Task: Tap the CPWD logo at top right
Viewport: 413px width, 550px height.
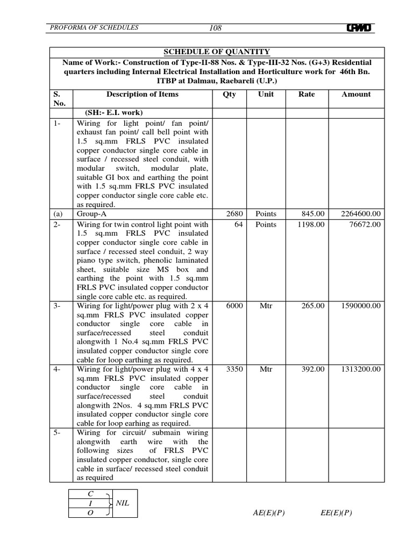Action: [x=360, y=28]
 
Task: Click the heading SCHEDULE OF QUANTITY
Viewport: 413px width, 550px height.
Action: [x=217, y=52]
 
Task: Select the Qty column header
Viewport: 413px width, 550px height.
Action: [x=229, y=94]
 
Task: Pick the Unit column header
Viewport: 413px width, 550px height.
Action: [x=266, y=94]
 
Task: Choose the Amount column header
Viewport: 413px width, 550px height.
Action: [x=356, y=94]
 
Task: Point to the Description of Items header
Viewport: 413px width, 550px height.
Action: [x=143, y=94]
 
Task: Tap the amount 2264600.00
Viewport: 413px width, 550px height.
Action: [x=360, y=213]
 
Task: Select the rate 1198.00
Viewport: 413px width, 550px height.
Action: [x=311, y=224]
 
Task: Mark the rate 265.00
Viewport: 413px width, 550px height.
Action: [x=313, y=305]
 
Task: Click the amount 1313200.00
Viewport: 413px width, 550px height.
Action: [x=360, y=369]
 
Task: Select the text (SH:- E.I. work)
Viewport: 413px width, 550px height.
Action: [x=113, y=112]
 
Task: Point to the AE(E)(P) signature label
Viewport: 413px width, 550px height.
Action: [x=268, y=512]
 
